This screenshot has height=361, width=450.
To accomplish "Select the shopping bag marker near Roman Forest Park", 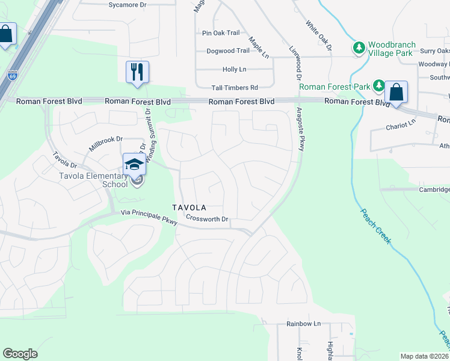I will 396,93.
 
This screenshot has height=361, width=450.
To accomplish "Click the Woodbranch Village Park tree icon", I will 359,47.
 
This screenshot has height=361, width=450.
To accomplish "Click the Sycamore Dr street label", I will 128,5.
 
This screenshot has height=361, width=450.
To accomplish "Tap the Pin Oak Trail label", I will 221,33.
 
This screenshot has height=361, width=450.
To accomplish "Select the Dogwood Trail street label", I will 227,51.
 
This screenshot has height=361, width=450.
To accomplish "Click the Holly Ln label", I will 234,69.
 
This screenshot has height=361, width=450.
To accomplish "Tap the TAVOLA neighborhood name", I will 189,208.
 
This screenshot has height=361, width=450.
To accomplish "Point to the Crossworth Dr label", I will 208,218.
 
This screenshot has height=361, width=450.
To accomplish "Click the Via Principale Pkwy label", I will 149,217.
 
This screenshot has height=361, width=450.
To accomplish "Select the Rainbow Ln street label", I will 299,324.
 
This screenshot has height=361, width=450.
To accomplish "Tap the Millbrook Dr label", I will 105,143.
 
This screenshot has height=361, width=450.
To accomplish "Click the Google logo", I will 20,353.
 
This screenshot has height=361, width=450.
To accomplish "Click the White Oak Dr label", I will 319,35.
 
